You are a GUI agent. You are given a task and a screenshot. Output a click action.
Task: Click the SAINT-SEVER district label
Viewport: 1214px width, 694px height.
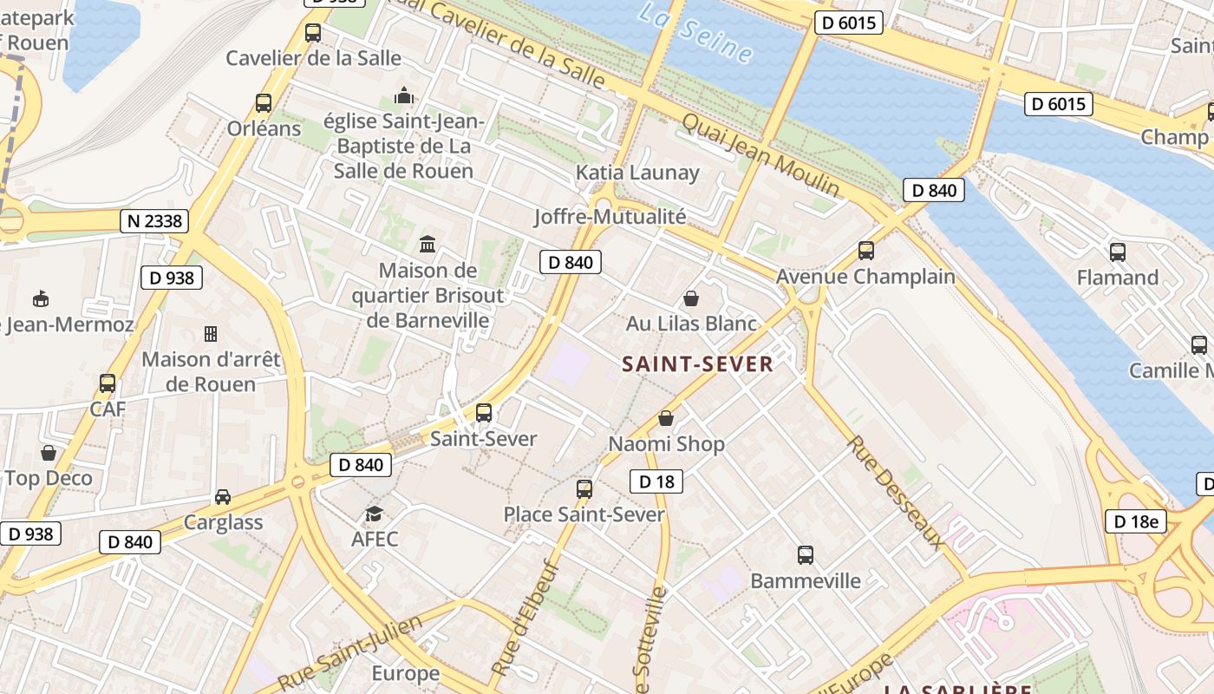697,363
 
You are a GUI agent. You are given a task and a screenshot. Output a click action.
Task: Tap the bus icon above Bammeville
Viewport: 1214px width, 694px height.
806,554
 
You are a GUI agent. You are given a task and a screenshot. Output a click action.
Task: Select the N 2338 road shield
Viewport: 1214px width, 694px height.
155,221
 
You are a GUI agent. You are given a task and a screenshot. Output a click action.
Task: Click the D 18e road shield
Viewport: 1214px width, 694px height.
1135,521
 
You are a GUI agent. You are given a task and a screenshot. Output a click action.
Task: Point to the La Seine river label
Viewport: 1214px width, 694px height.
695,32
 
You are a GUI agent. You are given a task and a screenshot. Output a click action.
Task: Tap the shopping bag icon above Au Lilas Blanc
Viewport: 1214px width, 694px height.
691,298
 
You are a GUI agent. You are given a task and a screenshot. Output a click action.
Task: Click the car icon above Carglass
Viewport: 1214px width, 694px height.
223,497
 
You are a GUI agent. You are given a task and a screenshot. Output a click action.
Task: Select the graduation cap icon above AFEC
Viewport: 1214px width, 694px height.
374,514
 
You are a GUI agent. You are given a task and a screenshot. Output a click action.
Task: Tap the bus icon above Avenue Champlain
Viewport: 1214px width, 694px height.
865,251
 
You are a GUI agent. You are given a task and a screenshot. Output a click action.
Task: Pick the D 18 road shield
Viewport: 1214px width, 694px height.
656,481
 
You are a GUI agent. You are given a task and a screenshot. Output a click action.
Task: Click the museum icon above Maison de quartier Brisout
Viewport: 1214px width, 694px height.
427,244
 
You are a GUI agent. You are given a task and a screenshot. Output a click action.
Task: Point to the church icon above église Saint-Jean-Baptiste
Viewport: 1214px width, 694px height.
404,95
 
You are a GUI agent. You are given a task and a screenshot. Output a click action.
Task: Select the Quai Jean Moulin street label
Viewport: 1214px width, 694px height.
760,154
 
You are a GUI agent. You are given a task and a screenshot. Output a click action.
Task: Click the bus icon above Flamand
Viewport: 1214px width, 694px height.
1118,252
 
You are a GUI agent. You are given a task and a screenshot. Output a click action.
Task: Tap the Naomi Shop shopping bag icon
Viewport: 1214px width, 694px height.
666,418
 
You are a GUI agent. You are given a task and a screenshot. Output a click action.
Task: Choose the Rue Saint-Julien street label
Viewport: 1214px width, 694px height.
350,653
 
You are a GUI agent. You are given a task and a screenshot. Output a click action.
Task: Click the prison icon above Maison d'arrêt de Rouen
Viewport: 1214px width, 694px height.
210,333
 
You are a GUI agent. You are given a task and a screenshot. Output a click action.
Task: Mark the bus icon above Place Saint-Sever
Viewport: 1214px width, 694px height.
584,488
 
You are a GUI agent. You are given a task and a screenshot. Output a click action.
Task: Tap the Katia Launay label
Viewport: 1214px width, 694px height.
637,173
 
